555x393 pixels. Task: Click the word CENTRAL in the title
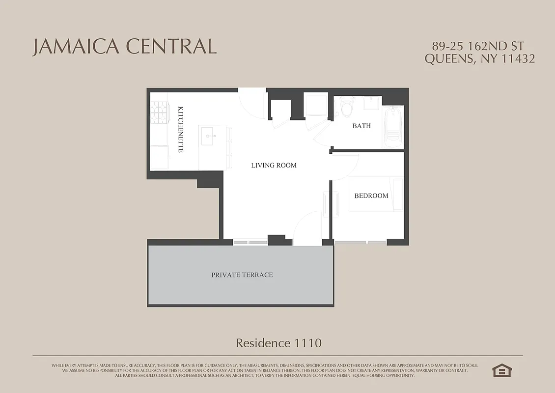point(171,46)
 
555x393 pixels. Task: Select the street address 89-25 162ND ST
point(478,46)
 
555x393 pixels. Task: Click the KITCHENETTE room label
point(181,129)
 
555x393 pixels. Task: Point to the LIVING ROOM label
point(274,166)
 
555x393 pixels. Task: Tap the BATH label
point(361,126)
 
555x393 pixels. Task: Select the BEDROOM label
point(371,196)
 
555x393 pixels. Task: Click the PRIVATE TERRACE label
point(242,275)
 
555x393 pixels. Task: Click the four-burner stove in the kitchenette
point(159,112)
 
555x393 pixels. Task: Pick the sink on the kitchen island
point(210,135)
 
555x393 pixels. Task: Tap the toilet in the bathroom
point(347,107)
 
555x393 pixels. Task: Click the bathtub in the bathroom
point(393,127)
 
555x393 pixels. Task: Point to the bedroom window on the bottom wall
point(360,242)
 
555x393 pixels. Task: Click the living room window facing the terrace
point(250,242)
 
